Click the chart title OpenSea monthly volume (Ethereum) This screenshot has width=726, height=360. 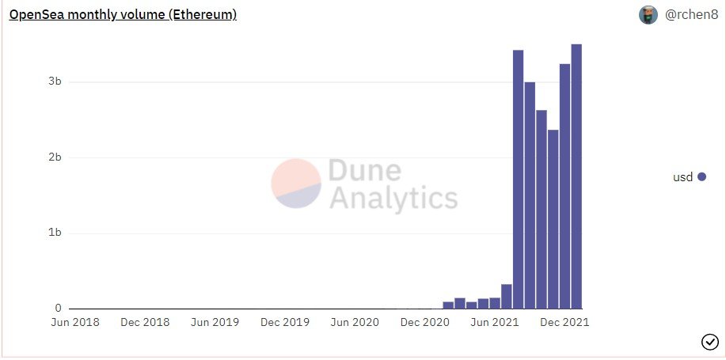click(123, 14)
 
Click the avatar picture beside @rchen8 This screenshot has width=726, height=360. click(648, 14)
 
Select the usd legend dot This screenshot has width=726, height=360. click(701, 177)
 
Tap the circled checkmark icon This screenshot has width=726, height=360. click(709, 342)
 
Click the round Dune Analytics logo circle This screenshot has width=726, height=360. click(296, 184)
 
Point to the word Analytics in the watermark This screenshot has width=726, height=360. click(393, 198)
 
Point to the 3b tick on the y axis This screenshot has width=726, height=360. click(55, 82)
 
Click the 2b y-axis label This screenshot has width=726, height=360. click(55, 157)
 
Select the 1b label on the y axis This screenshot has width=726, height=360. click(55, 233)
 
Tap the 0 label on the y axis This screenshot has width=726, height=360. click(58, 308)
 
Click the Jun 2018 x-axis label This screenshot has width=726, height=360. click(76, 323)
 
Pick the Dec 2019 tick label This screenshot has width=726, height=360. click(285, 323)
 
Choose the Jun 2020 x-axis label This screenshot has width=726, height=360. click(354, 323)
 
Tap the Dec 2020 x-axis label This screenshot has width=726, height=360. click(425, 323)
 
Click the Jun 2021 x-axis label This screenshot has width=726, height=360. click(495, 323)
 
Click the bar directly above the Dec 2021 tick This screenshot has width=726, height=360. click(564, 186)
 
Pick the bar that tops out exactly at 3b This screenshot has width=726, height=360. click(530, 195)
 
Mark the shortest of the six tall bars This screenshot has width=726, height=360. click(553, 218)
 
